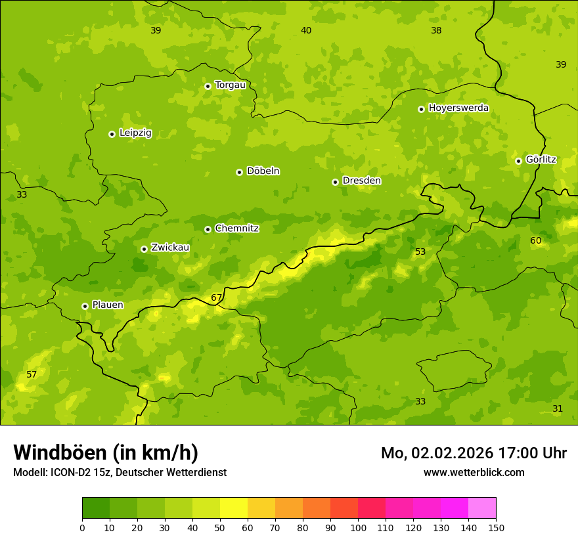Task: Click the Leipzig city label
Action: tap(135, 133)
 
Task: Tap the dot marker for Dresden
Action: tap(335, 182)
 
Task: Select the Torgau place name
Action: tap(230, 85)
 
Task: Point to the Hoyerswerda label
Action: tap(458, 108)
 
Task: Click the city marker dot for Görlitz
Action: tap(518, 161)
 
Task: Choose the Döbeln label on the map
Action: tap(263, 171)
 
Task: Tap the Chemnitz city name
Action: tap(236, 229)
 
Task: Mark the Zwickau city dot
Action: tap(144, 249)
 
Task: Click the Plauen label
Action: tap(108, 305)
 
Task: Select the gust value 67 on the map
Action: tap(217, 297)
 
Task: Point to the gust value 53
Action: tap(420, 251)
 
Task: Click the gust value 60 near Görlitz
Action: tap(536, 240)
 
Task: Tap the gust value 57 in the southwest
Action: tap(32, 374)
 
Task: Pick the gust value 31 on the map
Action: tap(558, 408)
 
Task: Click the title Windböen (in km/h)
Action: tap(106, 452)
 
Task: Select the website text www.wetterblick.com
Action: tap(474, 472)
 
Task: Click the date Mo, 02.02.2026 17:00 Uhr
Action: tap(474, 453)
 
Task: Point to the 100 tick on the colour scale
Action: tap(358, 527)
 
